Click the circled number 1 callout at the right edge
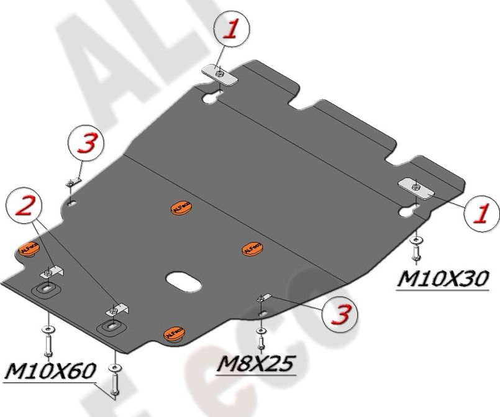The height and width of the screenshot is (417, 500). point(481,213)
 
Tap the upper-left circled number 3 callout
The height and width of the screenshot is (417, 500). point(87,144)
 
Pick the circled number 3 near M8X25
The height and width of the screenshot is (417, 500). point(339,315)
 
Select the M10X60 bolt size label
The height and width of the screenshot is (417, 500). point(50,371)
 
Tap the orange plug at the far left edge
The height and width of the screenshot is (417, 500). point(28,247)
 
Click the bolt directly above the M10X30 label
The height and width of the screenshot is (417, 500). point(416,253)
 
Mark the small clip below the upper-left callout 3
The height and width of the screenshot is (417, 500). point(73,183)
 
